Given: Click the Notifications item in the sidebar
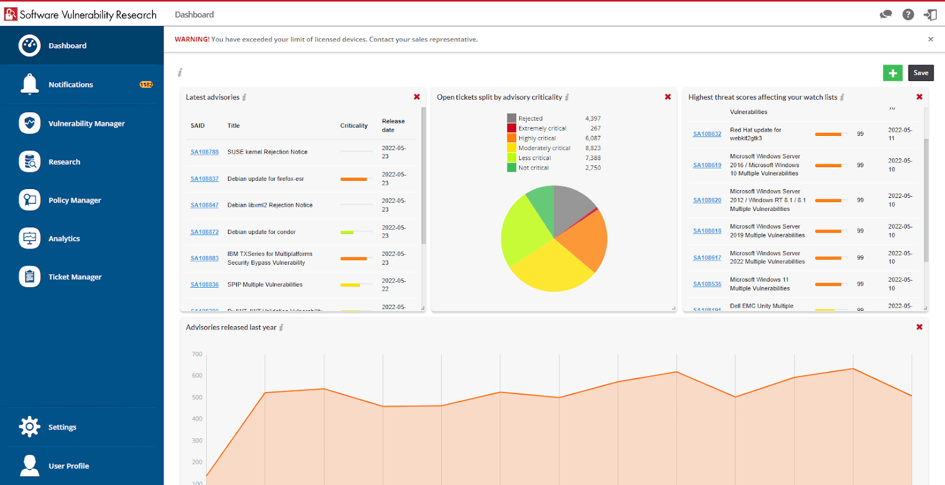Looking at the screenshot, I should (70, 84).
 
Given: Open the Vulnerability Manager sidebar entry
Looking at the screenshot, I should (86, 123).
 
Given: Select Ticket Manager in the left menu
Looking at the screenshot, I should (74, 276).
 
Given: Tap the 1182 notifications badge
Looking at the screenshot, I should (146, 84).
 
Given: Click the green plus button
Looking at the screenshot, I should (892, 73).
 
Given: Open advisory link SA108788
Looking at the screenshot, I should (204, 152).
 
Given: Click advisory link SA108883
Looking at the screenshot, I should (204, 258).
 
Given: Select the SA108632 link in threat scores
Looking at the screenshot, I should (707, 134).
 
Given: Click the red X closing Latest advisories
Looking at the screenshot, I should (417, 97).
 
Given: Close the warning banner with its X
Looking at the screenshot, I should (931, 40).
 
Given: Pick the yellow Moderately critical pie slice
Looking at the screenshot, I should (549, 266).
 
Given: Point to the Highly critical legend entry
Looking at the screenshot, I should (537, 138).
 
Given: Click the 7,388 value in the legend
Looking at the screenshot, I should (593, 158).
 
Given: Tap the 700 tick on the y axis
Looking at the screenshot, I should (197, 354).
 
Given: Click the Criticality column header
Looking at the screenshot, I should (354, 125).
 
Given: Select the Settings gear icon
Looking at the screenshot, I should (30, 427).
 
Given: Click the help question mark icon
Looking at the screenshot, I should (908, 15).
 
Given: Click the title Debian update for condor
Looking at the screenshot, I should (262, 232).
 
